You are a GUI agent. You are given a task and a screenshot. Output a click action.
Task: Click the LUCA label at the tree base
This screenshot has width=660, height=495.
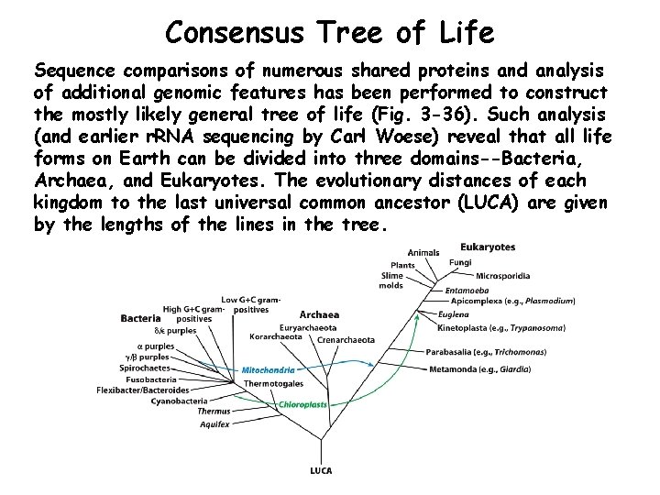(320, 471)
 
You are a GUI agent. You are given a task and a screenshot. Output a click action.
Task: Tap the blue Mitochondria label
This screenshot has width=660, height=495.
(269, 370)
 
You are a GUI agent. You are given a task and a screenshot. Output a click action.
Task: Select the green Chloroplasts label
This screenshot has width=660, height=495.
(303, 404)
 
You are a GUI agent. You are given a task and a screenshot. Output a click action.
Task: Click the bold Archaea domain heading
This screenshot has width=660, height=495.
(319, 314)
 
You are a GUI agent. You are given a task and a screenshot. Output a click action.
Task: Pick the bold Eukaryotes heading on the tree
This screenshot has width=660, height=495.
(488, 247)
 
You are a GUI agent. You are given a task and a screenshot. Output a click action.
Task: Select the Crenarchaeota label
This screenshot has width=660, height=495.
(346, 339)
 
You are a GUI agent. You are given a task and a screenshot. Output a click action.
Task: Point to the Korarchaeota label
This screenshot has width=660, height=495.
(276, 336)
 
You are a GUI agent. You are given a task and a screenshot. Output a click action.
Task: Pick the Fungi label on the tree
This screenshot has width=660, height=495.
(461, 262)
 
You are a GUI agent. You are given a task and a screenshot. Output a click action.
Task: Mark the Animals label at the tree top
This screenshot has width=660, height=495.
(423, 252)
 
